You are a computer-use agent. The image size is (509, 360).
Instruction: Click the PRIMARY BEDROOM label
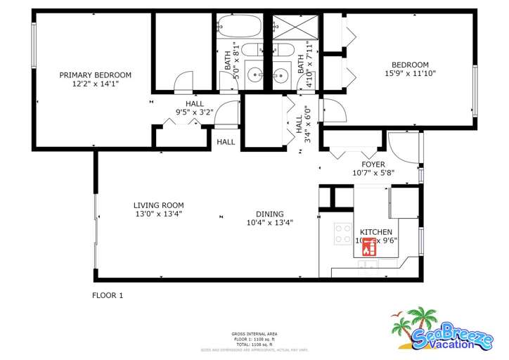[x=95, y=75]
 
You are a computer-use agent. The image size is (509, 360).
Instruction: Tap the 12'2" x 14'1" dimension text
[x=95, y=84]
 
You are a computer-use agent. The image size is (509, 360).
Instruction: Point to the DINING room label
[x=269, y=214]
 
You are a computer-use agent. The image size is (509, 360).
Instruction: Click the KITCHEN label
[x=376, y=232]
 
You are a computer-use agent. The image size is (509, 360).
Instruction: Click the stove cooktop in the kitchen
[x=343, y=233]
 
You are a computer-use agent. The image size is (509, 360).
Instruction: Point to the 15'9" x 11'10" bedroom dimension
[x=411, y=73]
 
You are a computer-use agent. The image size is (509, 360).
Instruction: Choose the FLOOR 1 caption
[x=108, y=296]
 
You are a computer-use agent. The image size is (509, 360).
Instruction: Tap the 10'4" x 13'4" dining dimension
[x=269, y=223]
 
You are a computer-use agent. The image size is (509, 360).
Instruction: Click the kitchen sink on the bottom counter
[x=367, y=265]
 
